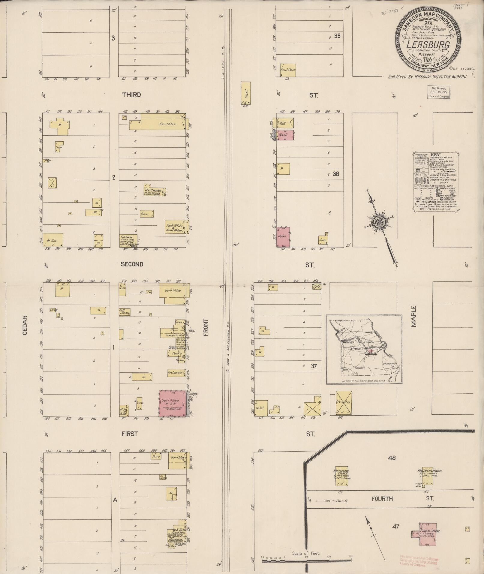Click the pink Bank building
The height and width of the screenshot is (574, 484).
coord(285,136)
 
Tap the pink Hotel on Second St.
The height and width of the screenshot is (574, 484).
coord(283,237)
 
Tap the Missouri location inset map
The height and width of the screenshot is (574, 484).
coord(364,349)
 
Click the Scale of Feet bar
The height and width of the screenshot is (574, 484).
coord(306,560)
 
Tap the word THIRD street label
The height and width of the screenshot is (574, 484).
coord(131,95)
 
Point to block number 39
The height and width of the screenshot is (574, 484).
coord(337,36)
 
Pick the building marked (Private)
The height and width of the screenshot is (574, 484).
coord(344,403)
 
